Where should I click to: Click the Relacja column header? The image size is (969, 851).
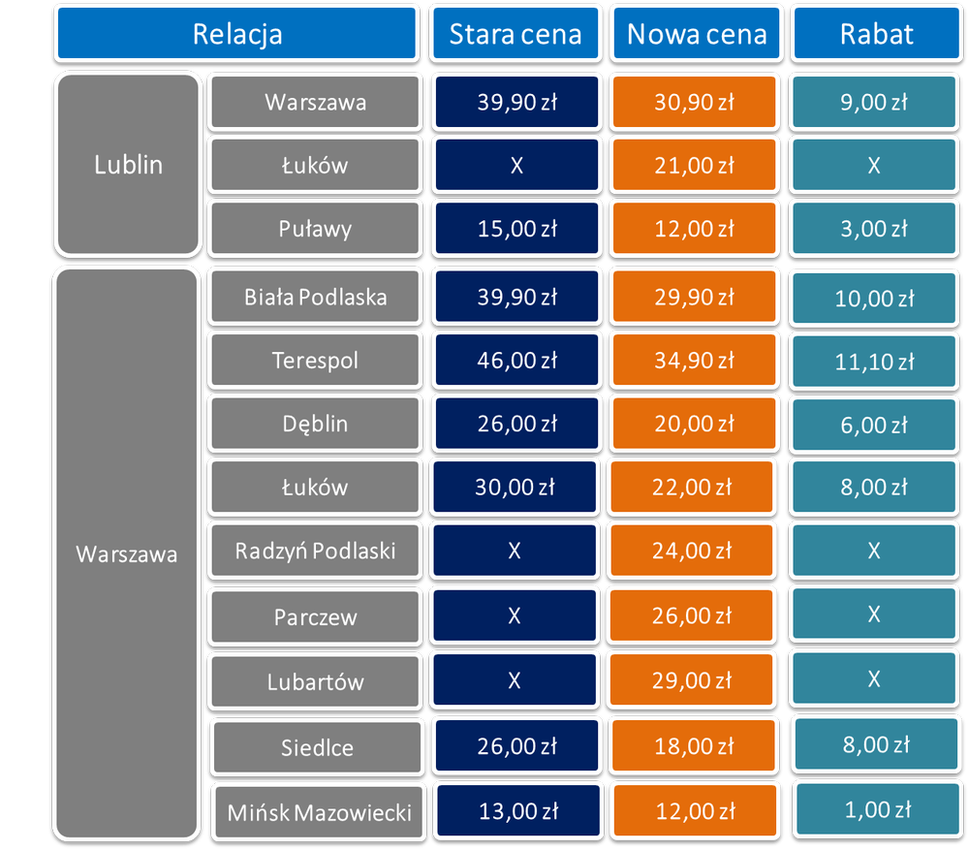tap(236, 33)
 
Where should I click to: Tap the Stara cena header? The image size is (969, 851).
tap(516, 33)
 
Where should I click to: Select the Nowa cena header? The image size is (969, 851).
tap(697, 33)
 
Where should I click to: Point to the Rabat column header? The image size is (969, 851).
tap(876, 33)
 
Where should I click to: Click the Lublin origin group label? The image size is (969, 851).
tap(128, 165)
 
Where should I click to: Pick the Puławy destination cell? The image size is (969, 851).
tap(315, 228)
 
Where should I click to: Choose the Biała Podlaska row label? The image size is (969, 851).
tap(315, 297)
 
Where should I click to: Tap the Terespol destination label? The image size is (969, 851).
tap(315, 360)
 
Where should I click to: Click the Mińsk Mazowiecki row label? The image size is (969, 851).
tap(319, 812)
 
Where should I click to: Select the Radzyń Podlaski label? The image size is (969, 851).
tap(315, 550)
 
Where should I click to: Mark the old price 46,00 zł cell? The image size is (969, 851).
tap(516, 360)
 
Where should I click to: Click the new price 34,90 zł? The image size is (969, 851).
tap(694, 360)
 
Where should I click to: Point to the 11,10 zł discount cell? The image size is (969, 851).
tap(874, 362)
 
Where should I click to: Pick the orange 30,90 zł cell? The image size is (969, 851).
tap(694, 102)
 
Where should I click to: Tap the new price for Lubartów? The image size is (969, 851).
tap(692, 679)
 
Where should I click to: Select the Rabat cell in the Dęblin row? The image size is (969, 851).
tap(874, 425)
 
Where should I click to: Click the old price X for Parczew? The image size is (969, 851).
tap(515, 615)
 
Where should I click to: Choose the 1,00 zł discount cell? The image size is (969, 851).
tap(878, 809)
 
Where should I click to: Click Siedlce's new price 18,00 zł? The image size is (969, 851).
tap(694, 746)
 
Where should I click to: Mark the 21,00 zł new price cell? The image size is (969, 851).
tap(694, 165)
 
